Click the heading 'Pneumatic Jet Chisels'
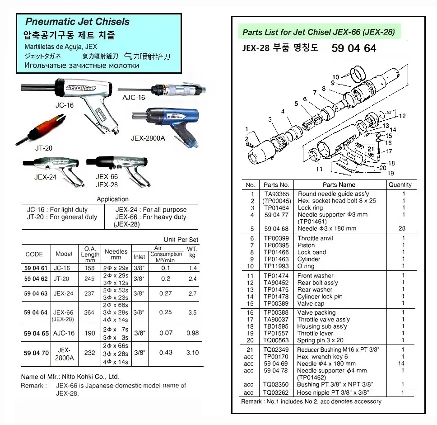[77, 22]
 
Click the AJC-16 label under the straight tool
[134, 97]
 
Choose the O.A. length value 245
[89, 279]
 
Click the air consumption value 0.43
[166, 353]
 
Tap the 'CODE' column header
[34, 254]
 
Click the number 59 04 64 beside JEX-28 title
[353, 48]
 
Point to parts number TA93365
[276, 194]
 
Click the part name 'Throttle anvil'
[315, 238]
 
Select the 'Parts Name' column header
[339, 184]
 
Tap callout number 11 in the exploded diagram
[319, 169]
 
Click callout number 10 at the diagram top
[335, 77]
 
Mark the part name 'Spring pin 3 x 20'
[320, 340]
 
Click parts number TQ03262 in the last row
[277, 393]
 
